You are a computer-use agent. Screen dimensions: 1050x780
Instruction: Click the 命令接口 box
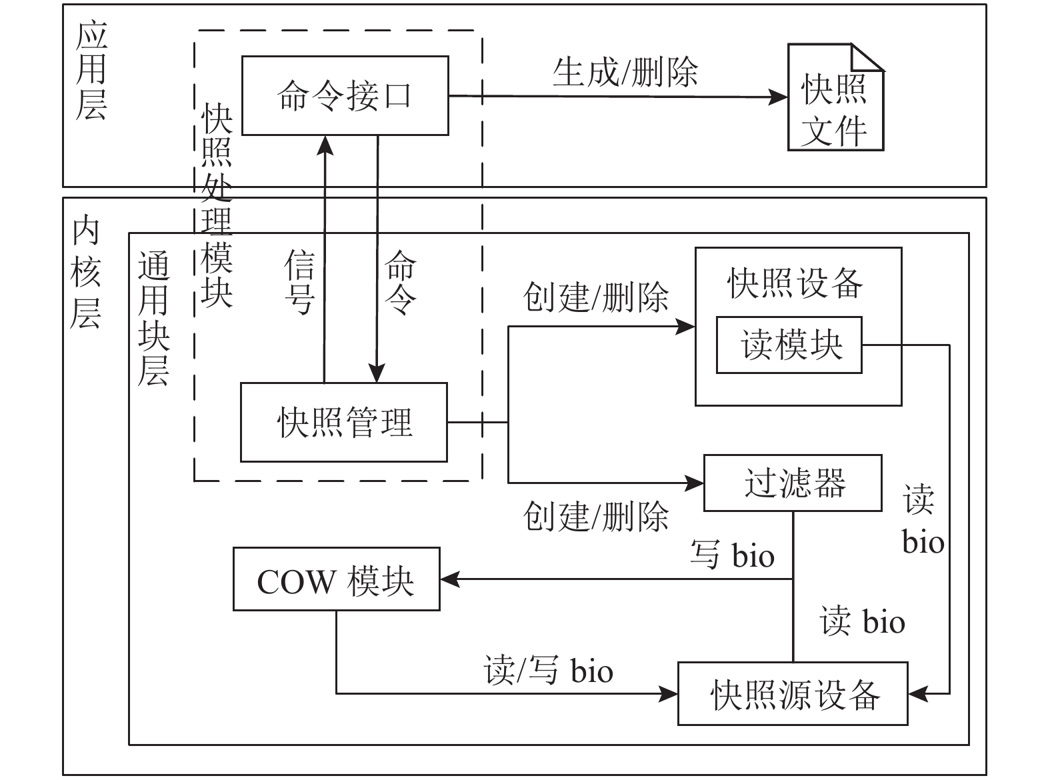coord(345,95)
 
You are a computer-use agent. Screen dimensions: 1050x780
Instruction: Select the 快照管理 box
coord(344,422)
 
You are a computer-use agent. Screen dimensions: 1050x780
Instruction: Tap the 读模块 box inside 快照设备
coord(789,345)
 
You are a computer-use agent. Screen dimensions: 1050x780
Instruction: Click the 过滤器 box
coord(793,483)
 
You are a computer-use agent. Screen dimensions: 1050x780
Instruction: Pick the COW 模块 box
coord(337,579)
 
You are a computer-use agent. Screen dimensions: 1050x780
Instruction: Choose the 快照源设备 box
coord(793,694)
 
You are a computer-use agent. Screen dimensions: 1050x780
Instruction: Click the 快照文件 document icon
coord(835,97)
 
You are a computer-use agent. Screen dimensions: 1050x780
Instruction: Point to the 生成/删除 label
coord(625,73)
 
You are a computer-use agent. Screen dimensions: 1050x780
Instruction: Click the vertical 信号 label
coord(299,282)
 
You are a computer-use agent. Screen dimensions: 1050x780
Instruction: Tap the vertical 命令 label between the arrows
coord(401,282)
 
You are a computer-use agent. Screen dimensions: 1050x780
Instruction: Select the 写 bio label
coord(732,555)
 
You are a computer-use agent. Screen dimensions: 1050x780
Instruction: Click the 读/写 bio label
coord(548,670)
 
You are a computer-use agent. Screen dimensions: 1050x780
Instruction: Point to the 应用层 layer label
coord(91,70)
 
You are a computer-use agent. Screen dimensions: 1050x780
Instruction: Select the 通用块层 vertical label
coord(153,319)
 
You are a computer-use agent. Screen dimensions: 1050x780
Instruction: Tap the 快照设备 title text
coord(795,283)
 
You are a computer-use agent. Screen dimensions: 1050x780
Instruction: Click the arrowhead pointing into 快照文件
coord(778,97)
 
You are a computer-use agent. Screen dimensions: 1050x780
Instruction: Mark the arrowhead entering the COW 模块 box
coord(450,579)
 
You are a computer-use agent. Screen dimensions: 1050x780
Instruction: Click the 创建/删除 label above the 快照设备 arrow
coord(595,297)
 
